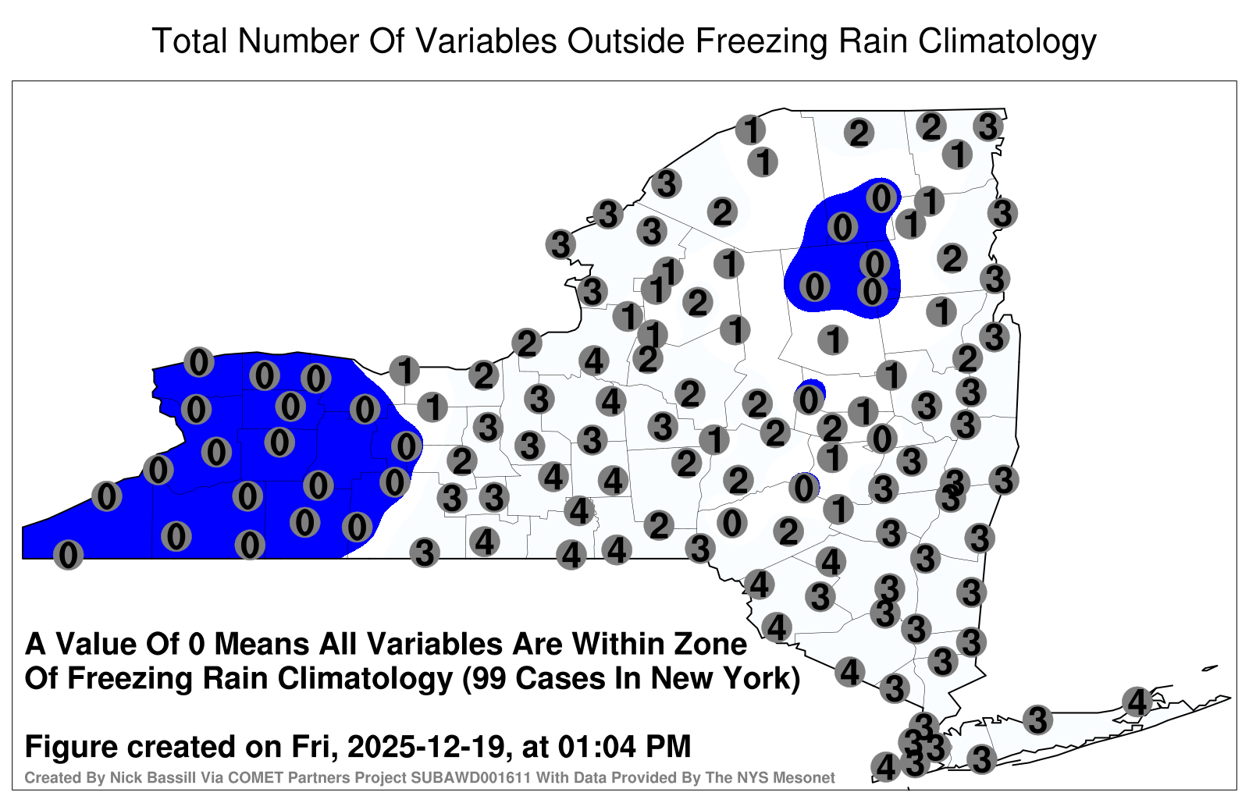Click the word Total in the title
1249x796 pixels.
tap(189, 41)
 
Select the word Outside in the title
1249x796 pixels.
tap(626, 41)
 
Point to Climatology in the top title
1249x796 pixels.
tap(1008, 42)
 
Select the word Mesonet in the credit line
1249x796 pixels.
tap(810, 777)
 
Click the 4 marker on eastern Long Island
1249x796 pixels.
tap(1137, 702)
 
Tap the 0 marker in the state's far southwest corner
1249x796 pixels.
tap(68, 555)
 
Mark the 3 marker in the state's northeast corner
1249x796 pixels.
tap(988, 126)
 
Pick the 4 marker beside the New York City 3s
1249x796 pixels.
tap(885, 767)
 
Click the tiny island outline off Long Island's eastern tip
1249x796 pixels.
tap(1210, 668)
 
